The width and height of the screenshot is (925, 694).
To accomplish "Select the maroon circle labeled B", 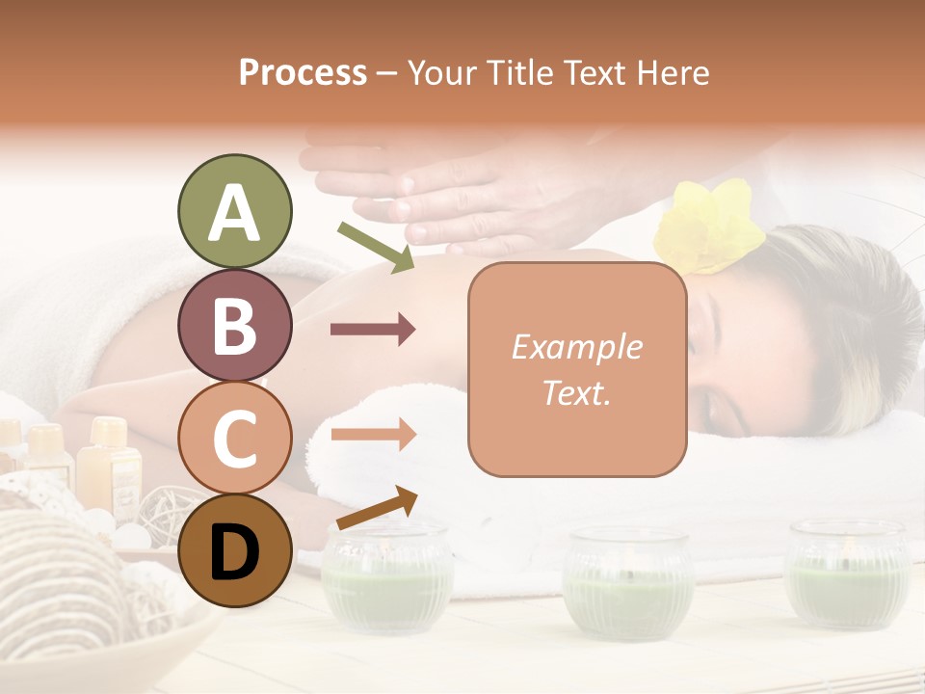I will [x=234, y=325].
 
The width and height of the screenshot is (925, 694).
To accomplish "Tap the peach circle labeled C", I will [x=234, y=438].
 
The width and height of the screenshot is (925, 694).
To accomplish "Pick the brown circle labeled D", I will [x=234, y=550].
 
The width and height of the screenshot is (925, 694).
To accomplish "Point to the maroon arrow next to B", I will [x=373, y=330].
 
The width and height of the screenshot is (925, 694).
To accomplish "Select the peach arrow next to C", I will [x=373, y=434].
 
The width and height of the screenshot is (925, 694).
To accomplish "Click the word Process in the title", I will [x=303, y=72].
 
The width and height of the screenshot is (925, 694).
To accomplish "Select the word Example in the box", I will [x=576, y=347].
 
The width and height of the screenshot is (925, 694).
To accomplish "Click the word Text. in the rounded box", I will [x=576, y=393].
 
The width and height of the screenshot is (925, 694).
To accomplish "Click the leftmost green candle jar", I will [x=385, y=578].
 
